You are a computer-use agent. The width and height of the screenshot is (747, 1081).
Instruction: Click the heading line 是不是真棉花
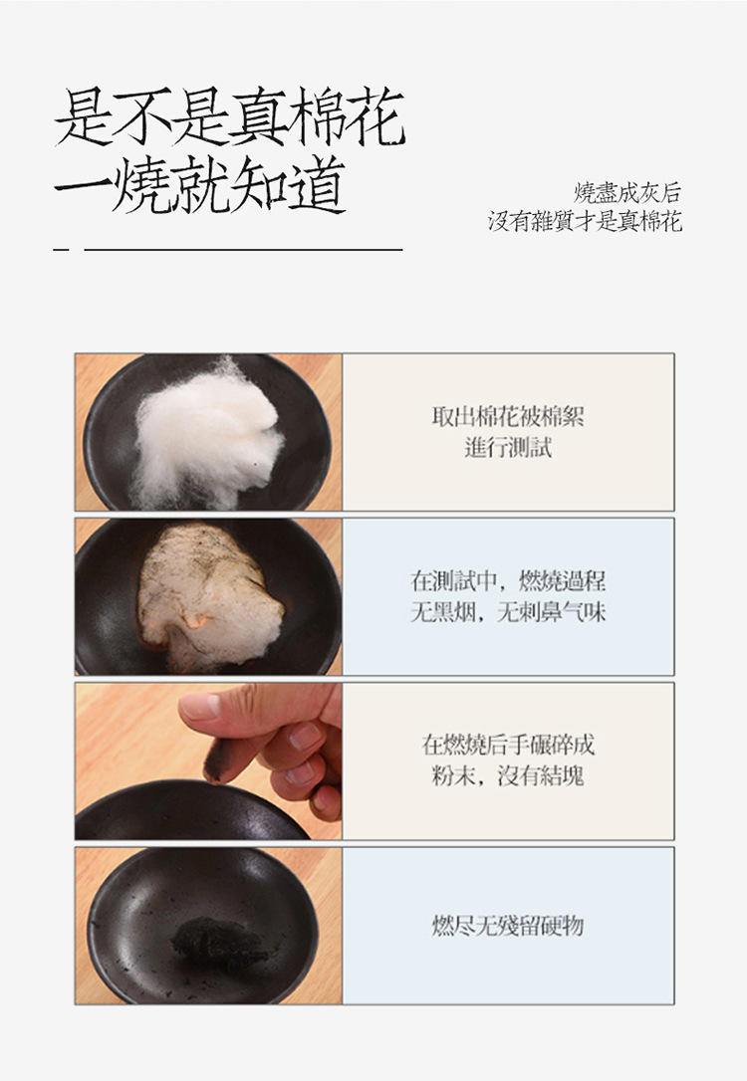click(230, 117)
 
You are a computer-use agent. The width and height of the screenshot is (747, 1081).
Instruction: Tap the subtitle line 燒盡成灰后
click(627, 192)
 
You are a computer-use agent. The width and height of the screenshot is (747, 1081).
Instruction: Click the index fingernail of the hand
click(200, 707)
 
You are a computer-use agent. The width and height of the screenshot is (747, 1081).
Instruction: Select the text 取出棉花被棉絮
click(508, 417)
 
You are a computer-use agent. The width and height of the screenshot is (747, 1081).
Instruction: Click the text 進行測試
click(508, 448)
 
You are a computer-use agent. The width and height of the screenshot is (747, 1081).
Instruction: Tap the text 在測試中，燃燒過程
click(508, 581)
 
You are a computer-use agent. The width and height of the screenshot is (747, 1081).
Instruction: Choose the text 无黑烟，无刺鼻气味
click(508, 612)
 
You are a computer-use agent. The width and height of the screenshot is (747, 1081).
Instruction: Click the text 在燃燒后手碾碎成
click(508, 745)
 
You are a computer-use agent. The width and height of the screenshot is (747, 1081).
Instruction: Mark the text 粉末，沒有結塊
click(508, 775)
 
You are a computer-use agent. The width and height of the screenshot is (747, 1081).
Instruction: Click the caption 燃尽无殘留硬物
click(508, 927)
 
